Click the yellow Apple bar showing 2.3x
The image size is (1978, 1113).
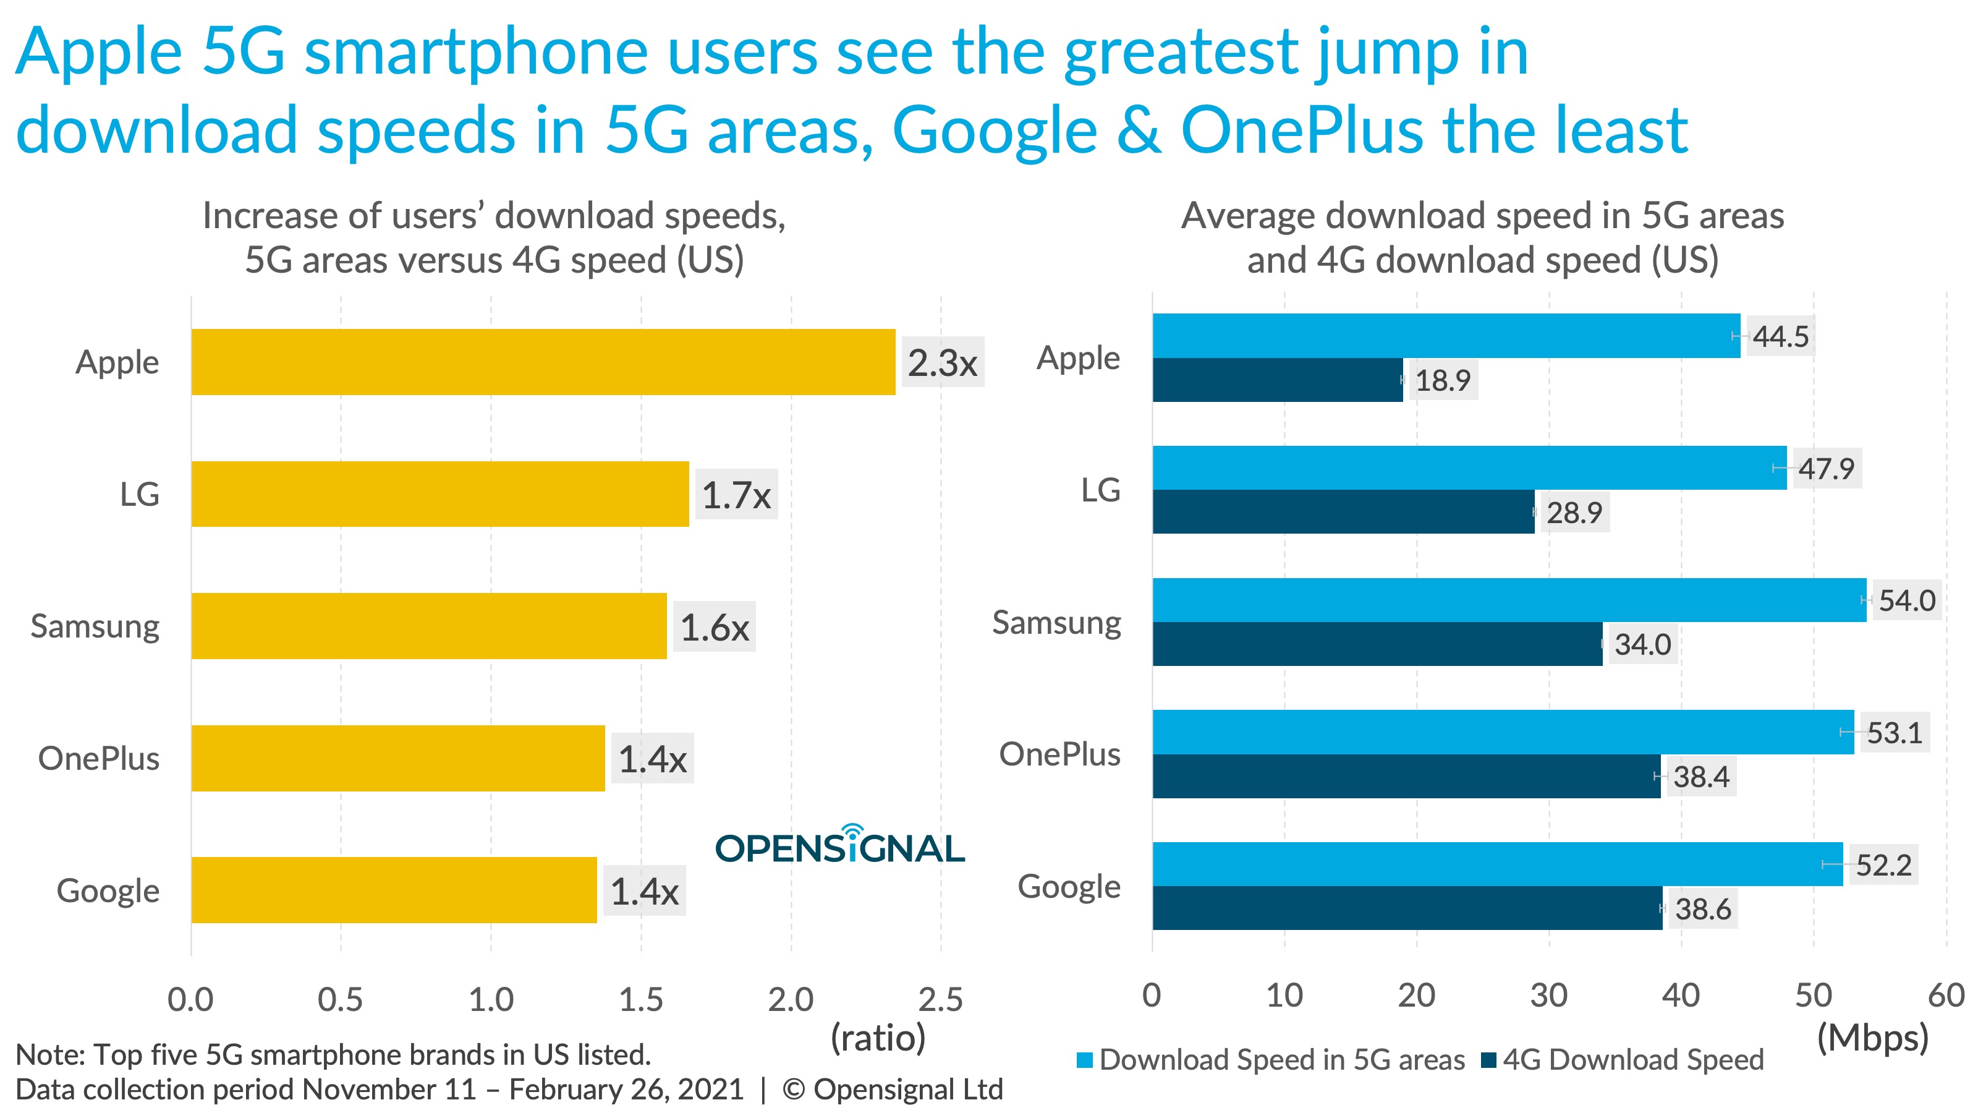click(x=543, y=362)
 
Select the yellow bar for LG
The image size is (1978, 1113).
click(x=440, y=494)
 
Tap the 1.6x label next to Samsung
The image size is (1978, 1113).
click(x=714, y=627)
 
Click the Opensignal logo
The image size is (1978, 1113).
click(x=839, y=846)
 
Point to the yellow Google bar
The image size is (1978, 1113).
click(x=394, y=890)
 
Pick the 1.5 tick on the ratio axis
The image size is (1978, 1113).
click(x=640, y=999)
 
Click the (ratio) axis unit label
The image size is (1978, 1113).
click(x=878, y=1038)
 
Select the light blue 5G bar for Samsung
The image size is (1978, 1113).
click(x=1509, y=600)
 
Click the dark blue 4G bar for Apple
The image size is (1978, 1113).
click(x=1277, y=380)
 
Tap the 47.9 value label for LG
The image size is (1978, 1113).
click(x=1825, y=469)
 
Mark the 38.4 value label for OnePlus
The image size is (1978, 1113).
click(x=1701, y=777)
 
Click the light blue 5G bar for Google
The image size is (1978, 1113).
click(x=1497, y=864)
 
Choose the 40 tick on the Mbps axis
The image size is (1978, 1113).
click(x=1681, y=996)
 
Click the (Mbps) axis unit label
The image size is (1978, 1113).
click(x=1872, y=1038)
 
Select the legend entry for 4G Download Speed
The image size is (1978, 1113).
click(x=1632, y=1060)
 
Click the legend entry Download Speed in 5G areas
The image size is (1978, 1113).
click(x=1281, y=1060)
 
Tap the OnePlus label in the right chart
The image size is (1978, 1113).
click(x=1059, y=754)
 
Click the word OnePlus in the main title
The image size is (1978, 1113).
click(x=1302, y=130)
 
